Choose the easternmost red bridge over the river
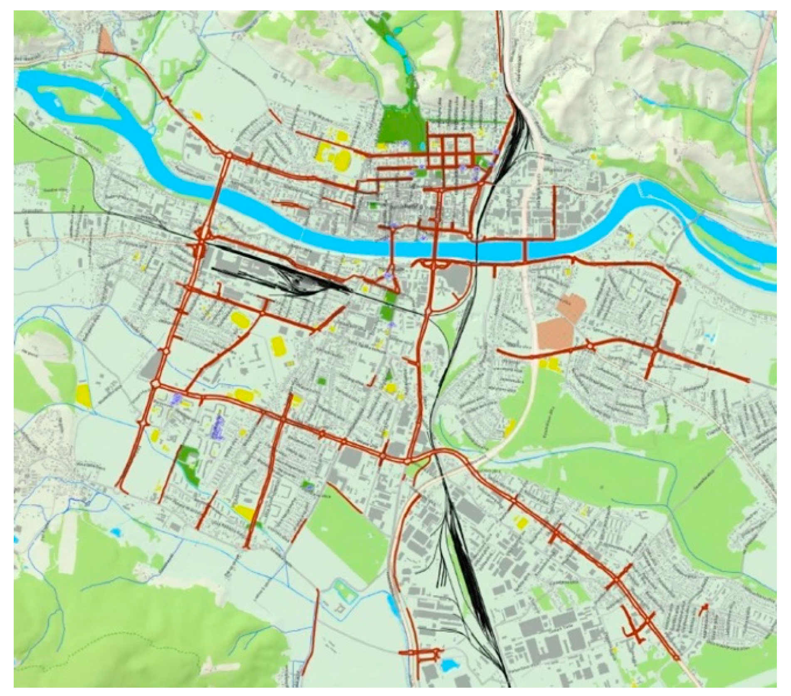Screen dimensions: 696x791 [525, 250]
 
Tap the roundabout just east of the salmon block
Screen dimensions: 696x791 [591, 345]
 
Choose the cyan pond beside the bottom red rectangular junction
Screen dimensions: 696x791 [448, 676]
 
